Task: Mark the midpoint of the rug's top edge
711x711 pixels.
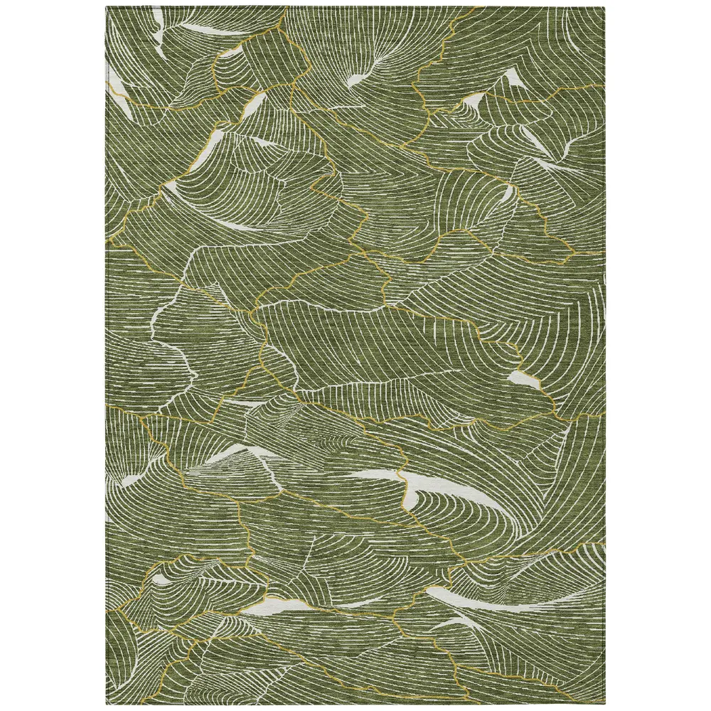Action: pos(355,6)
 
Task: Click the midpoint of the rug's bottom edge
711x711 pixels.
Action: pos(355,705)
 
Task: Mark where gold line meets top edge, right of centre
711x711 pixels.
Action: pos(483,8)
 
